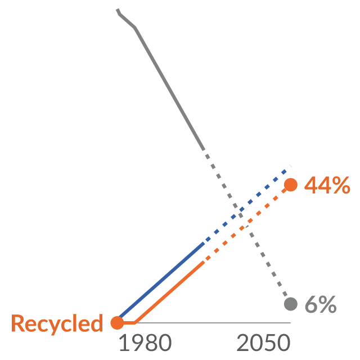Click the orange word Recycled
click(x=57, y=324)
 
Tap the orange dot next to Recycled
click(x=118, y=322)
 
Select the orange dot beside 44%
click(x=291, y=184)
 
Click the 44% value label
click(x=327, y=185)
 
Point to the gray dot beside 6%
click(x=291, y=304)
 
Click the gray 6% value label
click(x=321, y=304)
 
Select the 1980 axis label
click(x=145, y=343)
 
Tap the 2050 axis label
click(x=263, y=343)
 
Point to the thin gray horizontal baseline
click(x=213, y=323)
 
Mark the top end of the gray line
click(x=118, y=9)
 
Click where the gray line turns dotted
click(x=204, y=150)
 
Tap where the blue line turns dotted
click(x=204, y=244)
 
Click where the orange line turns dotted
click(x=204, y=262)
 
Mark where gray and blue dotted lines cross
click(x=238, y=211)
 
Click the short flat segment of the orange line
click(x=129, y=323)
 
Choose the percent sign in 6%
click(x=327, y=304)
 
